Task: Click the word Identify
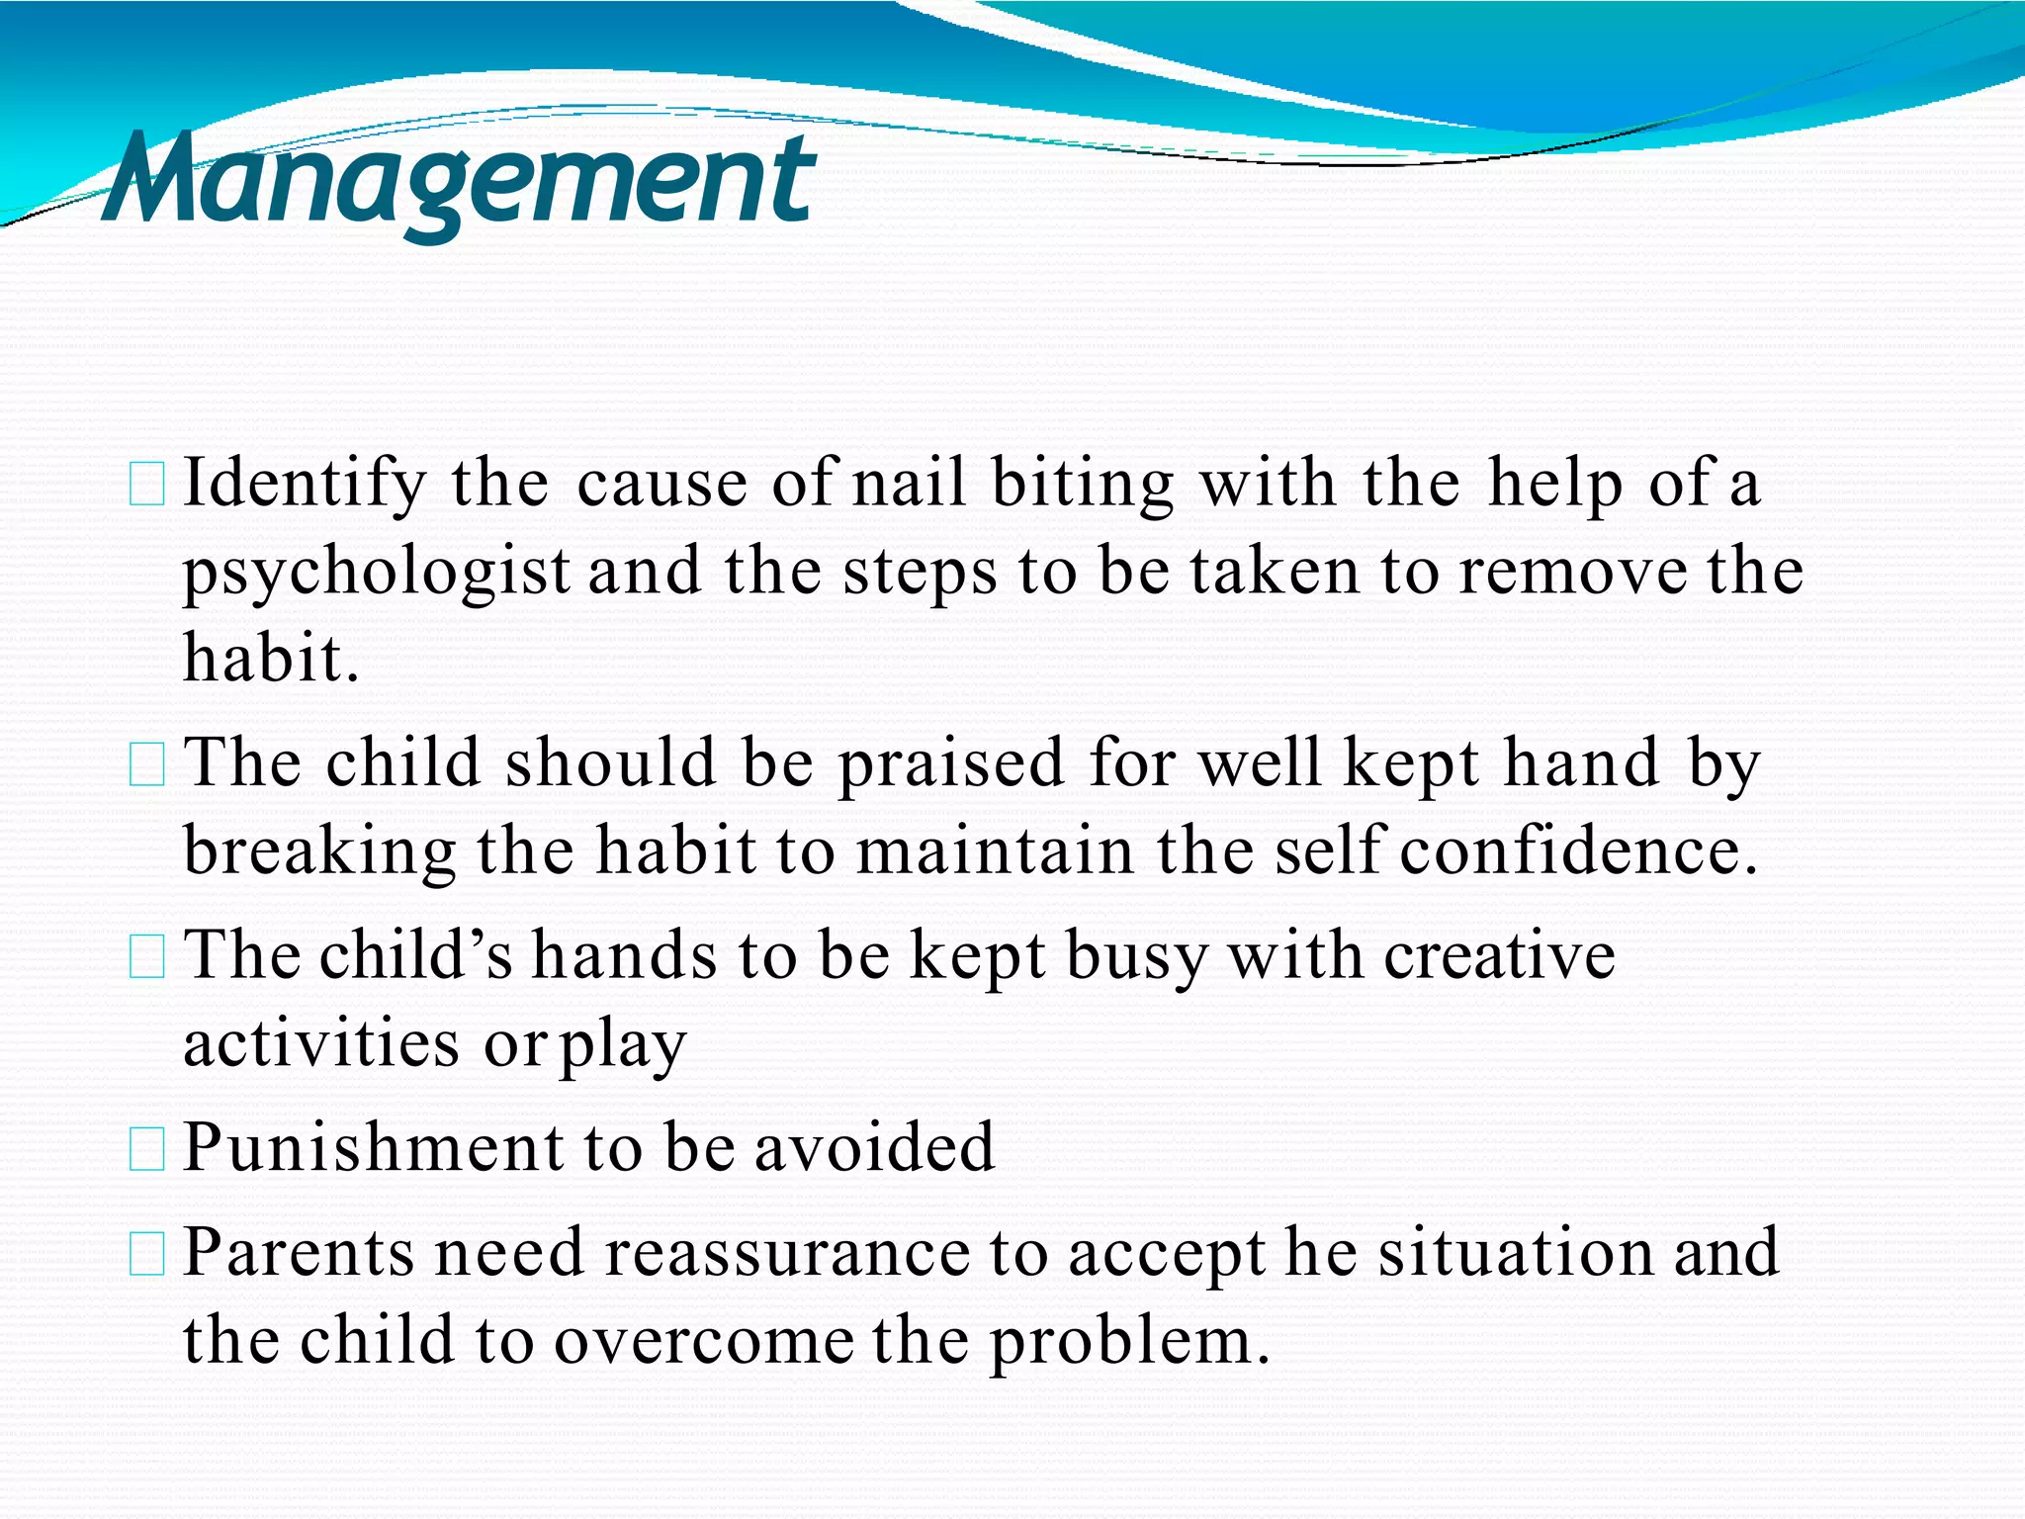[304, 485]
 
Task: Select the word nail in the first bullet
[908, 483]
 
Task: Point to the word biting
[1082, 485]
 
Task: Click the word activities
[320, 1043]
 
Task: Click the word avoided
[874, 1147]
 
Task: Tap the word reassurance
[787, 1252]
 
